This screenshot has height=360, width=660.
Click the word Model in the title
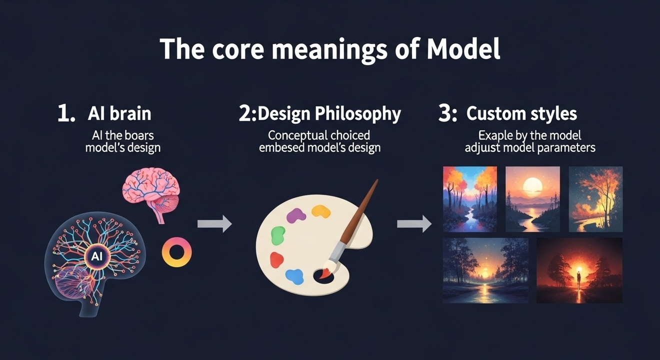(463, 49)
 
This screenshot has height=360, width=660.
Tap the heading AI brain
(119, 113)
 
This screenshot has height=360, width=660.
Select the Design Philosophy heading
(329, 113)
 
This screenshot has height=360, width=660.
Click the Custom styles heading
(521, 113)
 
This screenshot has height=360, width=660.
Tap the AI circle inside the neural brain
(97, 256)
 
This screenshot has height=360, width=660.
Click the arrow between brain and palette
(214, 224)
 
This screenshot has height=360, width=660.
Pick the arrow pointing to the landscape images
(414, 224)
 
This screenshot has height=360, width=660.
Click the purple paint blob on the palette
(296, 215)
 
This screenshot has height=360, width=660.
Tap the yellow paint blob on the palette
(321, 211)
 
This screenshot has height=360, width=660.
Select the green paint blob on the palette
(278, 235)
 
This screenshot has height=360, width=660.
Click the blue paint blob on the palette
(294, 277)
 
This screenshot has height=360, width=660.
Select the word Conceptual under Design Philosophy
(297, 135)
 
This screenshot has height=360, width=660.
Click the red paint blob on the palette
(276, 260)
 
